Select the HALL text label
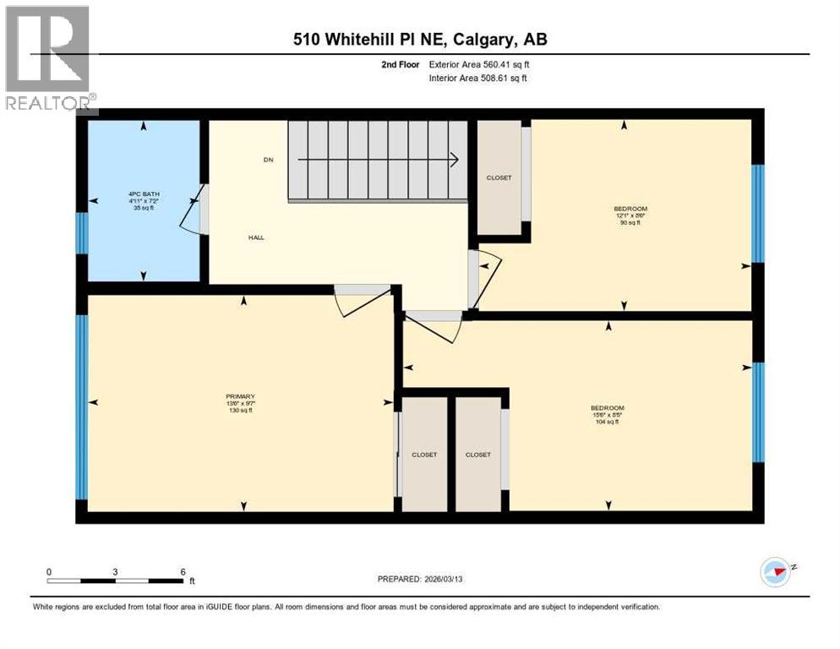(256, 237)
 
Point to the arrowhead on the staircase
(454, 159)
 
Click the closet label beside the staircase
(499, 177)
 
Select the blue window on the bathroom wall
(81, 233)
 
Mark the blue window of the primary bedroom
(82, 406)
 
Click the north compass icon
(776, 572)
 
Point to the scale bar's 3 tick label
(115, 571)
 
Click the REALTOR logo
(48, 57)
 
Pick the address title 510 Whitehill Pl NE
(420, 40)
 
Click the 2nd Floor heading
(401, 64)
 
